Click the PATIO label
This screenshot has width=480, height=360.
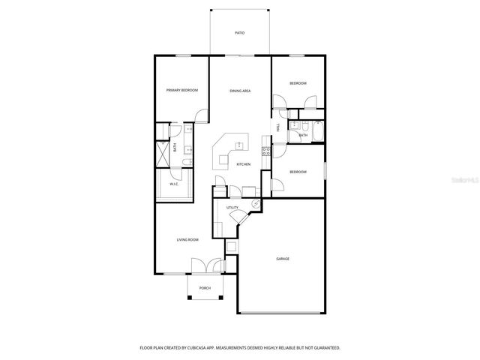(239, 33)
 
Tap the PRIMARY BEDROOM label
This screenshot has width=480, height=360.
(182, 90)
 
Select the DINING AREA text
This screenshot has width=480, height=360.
(240, 91)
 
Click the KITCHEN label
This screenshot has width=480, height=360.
(244, 164)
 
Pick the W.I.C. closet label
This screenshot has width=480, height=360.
(173, 184)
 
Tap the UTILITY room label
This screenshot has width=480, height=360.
(232, 207)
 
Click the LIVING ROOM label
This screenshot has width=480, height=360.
(187, 240)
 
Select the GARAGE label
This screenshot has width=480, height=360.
(283, 259)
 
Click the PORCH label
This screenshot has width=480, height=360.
(204, 288)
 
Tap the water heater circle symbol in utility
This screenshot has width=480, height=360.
(255, 202)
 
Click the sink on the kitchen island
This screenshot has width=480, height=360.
(223, 159)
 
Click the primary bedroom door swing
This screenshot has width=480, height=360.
(201, 115)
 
